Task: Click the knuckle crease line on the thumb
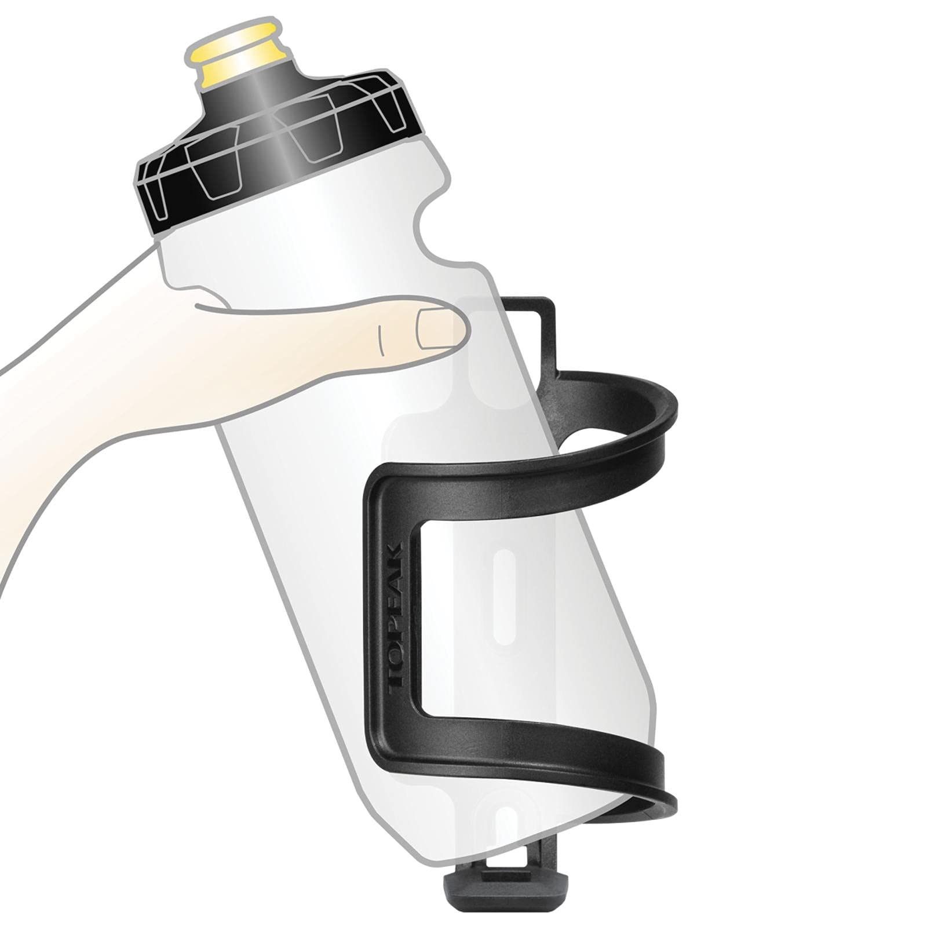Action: [x=381, y=339]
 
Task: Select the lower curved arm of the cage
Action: [x=579, y=765]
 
